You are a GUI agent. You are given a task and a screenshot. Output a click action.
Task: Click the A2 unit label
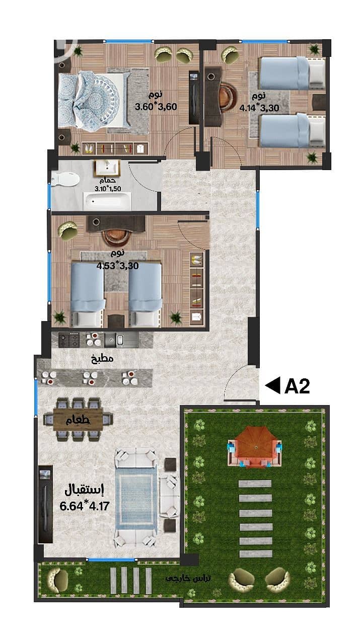pyautogui.click(x=297, y=386)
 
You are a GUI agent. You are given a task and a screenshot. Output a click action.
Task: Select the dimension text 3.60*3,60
pyautogui.click(x=156, y=107)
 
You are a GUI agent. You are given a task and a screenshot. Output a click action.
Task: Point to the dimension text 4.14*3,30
pyautogui.click(x=259, y=108)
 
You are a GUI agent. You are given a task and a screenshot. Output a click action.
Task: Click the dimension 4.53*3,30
pyautogui.click(x=117, y=265)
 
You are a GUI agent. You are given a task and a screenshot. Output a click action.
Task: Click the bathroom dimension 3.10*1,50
pyautogui.click(x=108, y=189)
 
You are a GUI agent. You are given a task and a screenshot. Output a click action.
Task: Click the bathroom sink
pyautogui.click(x=107, y=168)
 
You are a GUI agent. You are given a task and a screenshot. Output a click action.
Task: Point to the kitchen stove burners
pyautogui.click(x=69, y=340)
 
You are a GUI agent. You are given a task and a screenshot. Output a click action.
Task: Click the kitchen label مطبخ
pyautogui.click(x=102, y=359)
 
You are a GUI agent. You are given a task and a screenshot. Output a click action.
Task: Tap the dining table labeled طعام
pyautogui.click(x=78, y=420)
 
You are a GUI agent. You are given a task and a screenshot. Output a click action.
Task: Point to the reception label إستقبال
pyautogui.click(x=84, y=490)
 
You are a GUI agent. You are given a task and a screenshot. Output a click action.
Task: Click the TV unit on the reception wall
pyautogui.click(x=45, y=504)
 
